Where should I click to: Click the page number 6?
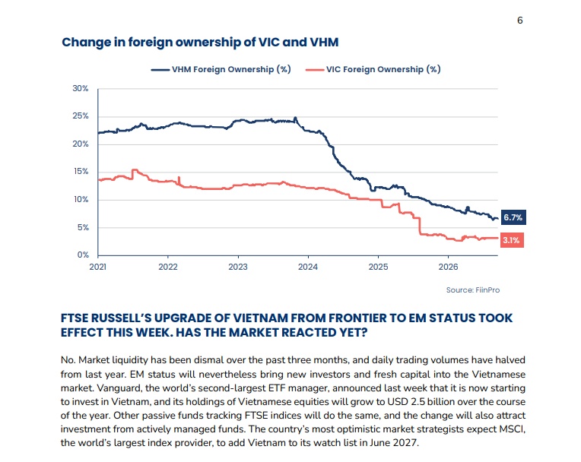point(520,21)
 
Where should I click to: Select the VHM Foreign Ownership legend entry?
point(221,69)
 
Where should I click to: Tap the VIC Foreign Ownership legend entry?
point(373,69)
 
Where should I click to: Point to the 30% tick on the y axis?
point(81,88)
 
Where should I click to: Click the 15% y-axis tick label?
point(81,172)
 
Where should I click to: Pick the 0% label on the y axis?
point(83,255)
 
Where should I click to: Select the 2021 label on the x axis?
point(98,267)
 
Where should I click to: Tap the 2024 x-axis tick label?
point(308,267)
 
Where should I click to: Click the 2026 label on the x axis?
point(449,267)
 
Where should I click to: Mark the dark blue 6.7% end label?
point(513,217)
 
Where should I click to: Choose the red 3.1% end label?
point(512,240)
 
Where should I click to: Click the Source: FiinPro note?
point(473,290)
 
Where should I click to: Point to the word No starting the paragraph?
point(68,360)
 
